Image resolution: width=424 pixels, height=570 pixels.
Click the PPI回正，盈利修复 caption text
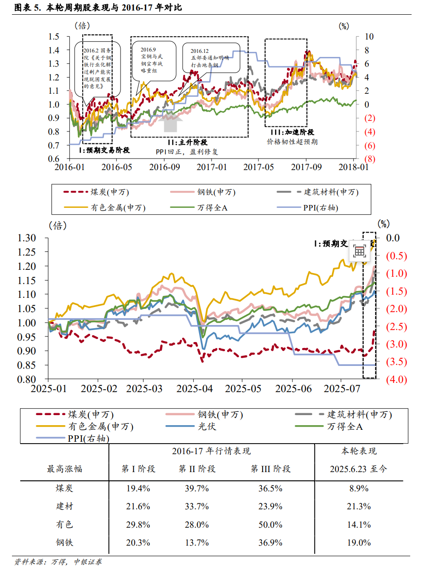187,151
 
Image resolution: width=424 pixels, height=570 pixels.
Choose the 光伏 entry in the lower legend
206,427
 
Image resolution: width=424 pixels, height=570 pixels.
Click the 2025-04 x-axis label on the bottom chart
199,388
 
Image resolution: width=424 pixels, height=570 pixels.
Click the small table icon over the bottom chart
360,251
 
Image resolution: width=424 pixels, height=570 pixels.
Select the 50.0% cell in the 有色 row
270,524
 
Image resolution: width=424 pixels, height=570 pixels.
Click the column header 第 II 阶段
197,469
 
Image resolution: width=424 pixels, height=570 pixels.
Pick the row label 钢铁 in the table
64,542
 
